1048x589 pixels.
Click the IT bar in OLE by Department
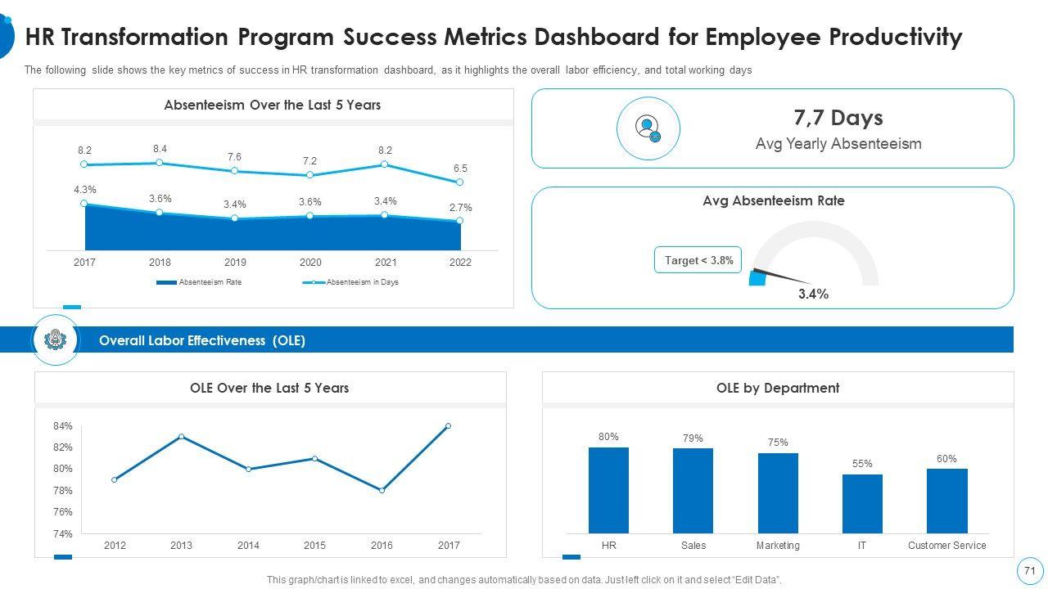click(862, 504)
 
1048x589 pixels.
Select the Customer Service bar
click(946, 501)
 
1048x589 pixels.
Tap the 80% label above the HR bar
click(608, 437)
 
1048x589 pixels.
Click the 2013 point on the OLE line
click(181, 436)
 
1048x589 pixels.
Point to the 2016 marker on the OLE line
click(382, 490)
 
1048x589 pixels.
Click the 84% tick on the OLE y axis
click(63, 426)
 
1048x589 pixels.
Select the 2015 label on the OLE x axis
click(314, 546)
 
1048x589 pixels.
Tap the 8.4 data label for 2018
click(160, 149)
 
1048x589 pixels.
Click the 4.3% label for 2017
click(84, 190)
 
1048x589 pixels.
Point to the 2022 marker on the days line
click(459, 182)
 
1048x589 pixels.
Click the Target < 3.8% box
click(698, 260)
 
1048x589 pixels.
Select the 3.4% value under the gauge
click(813, 294)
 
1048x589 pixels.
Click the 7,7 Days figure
click(838, 118)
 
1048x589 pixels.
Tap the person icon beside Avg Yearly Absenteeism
click(648, 128)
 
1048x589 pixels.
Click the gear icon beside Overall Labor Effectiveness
click(56, 339)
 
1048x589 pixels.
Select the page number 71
click(1029, 571)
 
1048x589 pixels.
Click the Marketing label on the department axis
click(778, 546)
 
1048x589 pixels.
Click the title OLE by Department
click(777, 388)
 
